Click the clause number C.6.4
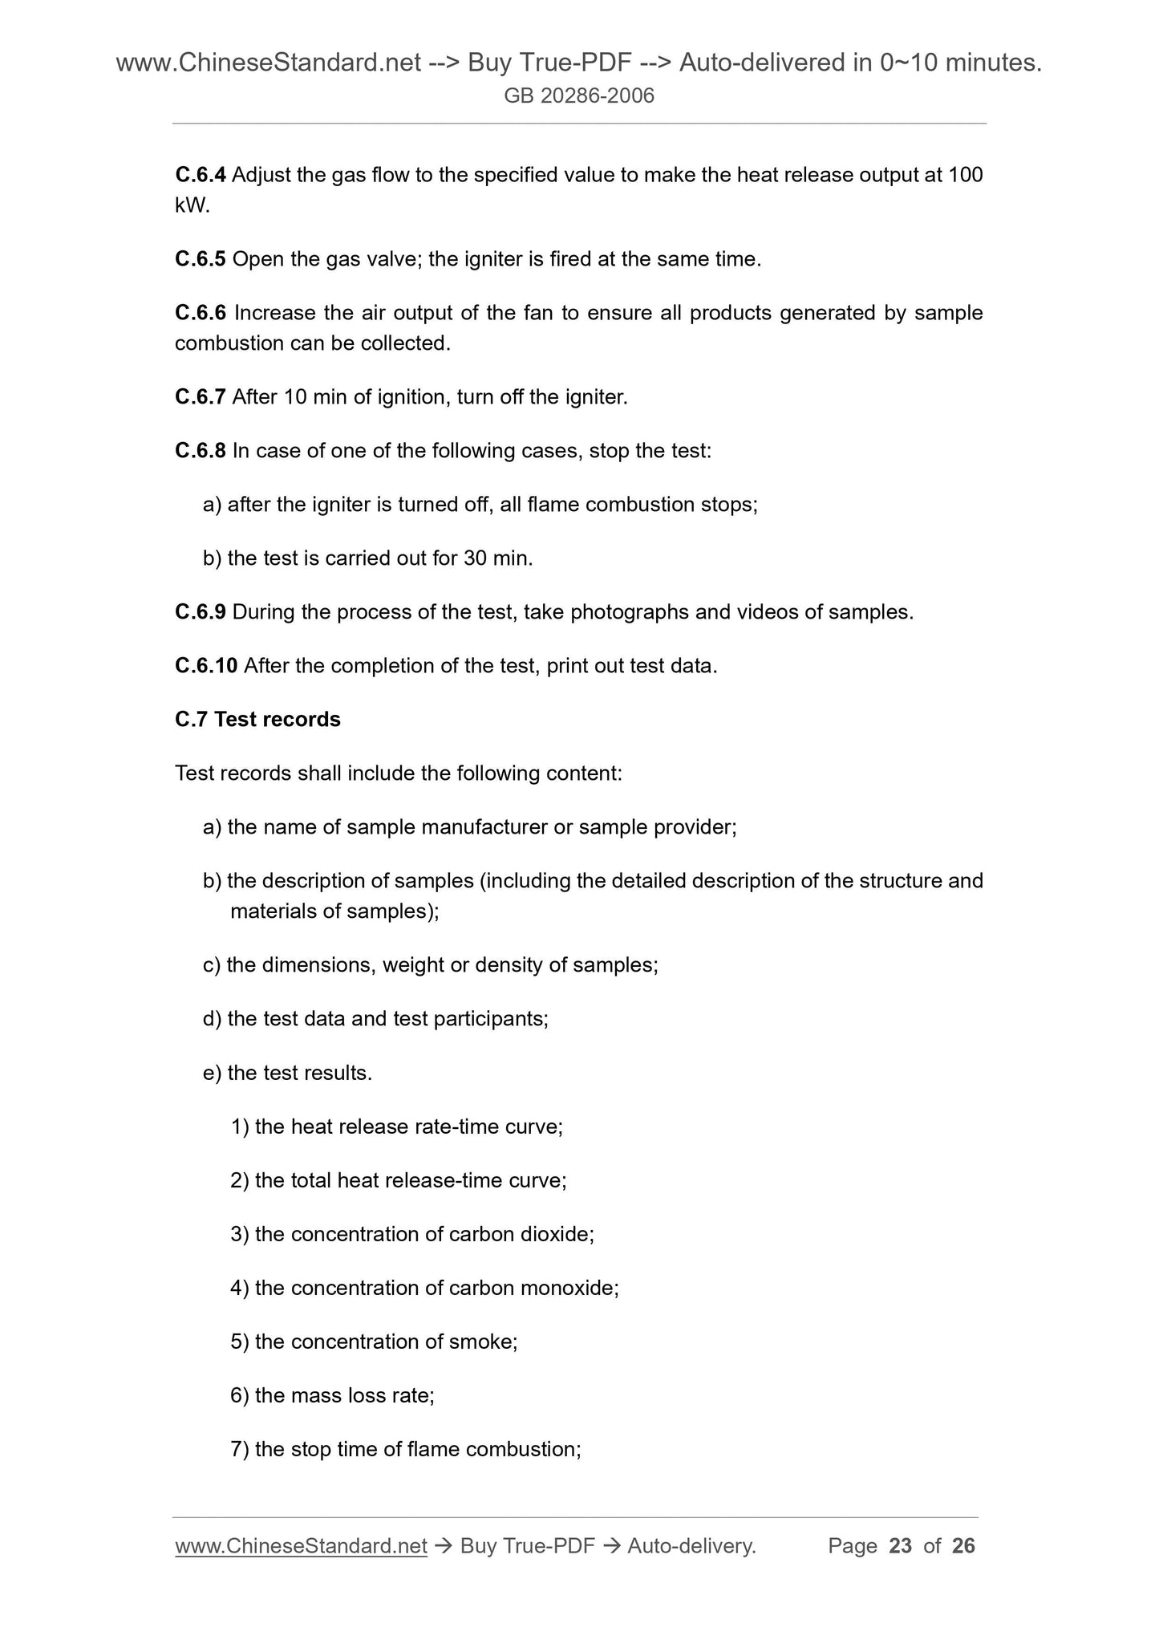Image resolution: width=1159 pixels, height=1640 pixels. (x=201, y=175)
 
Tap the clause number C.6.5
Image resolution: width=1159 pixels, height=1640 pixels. (x=201, y=259)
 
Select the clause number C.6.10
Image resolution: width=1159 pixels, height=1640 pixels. (x=206, y=666)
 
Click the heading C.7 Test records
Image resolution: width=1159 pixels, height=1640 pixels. (x=257, y=720)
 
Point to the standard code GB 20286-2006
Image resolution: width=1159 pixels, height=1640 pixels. (x=579, y=96)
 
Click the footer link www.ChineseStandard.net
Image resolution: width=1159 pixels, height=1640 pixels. (x=301, y=1546)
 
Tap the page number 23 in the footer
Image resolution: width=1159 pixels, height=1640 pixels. (x=901, y=1546)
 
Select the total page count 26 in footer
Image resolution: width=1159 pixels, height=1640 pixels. (x=963, y=1546)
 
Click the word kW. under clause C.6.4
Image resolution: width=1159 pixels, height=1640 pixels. (x=192, y=205)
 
